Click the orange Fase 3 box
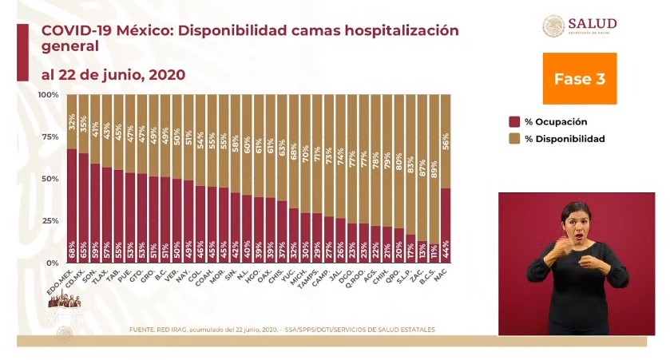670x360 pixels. [580, 78]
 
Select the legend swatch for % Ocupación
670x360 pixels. [514, 122]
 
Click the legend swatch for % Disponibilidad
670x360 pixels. [514, 139]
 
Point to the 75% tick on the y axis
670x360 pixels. [49, 136]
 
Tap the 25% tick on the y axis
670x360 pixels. [49, 220]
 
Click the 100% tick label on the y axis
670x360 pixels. [48, 95]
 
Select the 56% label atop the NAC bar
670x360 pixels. [446, 140]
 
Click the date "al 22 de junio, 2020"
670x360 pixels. [113, 75]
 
